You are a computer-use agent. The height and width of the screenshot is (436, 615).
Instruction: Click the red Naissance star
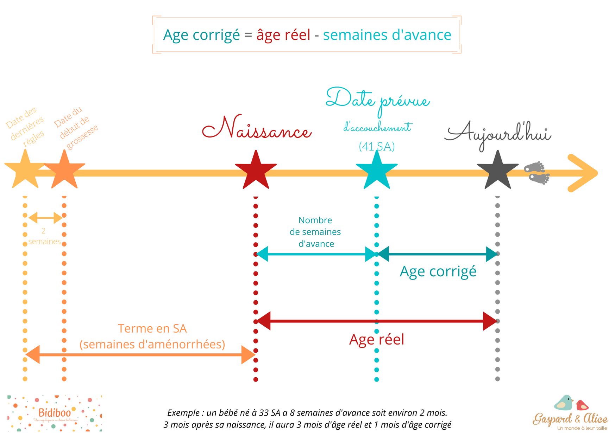point(256,171)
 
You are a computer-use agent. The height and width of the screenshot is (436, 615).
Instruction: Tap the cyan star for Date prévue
point(377,171)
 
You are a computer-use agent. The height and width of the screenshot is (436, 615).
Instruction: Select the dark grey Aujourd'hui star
point(497,171)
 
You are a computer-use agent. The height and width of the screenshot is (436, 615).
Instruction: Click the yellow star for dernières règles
point(25,170)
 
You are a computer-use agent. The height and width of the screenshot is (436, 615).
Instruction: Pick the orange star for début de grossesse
point(64,171)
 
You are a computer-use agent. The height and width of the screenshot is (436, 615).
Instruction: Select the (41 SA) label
point(377,146)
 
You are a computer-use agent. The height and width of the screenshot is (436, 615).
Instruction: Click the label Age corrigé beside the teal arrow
point(438,272)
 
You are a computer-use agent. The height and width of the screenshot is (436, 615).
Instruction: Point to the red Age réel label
point(377,340)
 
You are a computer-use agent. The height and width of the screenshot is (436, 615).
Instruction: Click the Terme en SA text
point(152,328)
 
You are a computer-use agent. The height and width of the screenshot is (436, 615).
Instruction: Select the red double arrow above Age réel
point(377,321)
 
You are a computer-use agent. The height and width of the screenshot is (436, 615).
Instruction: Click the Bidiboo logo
point(55,413)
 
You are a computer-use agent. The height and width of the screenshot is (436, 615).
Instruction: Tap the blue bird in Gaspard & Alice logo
point(564,403)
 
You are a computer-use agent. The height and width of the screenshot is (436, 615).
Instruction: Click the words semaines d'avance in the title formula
point(387,35)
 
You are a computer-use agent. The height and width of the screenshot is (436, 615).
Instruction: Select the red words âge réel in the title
point(283,35)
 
